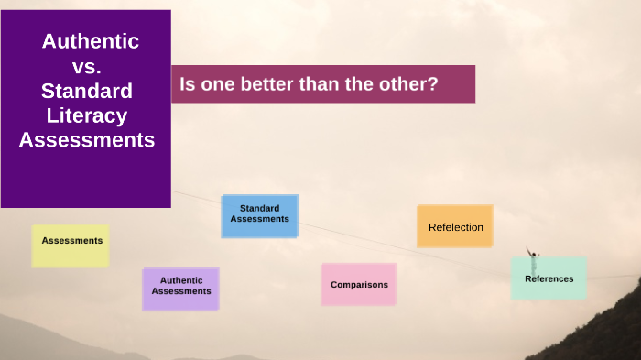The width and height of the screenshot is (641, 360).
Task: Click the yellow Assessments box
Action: (x=71, y=245)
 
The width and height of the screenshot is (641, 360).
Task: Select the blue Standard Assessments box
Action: (x=259, y=215)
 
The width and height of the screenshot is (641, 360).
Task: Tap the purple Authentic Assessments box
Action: (x=180, y=288)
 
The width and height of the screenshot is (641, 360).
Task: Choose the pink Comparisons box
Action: (x=358, y=284)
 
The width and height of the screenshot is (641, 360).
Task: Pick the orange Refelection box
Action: (x=454, y=226)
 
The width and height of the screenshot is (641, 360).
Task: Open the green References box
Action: (x=549, y=278)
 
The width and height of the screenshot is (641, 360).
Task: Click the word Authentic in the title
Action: (x=90, y=41)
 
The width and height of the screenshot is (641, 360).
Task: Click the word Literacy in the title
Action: (x=87, y=115)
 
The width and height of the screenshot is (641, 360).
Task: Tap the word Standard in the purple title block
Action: (x=87, y=91)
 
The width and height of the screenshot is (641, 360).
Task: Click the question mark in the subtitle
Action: (x=433, y=84)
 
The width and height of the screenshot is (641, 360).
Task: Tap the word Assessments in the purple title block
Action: (x=87, y=140)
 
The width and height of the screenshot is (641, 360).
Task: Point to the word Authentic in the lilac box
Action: (x=180, y=280)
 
